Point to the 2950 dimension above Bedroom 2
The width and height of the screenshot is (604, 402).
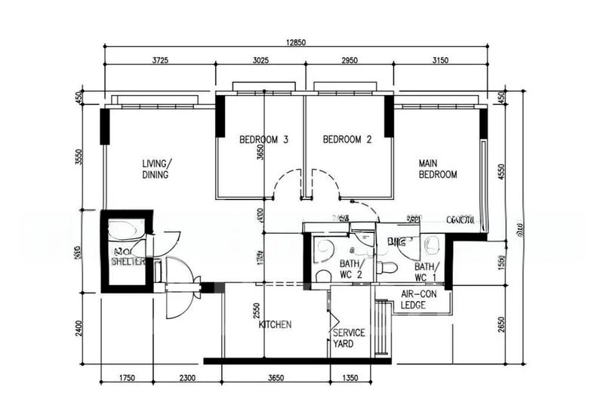[349, 60]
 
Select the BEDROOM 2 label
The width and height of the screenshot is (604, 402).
[347, 140]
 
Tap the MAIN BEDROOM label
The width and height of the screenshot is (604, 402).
[438, 168]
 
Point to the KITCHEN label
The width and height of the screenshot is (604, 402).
[275, 324]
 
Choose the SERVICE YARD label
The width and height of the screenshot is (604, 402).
[349, 338]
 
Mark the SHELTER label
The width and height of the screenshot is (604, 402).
[128, 262]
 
